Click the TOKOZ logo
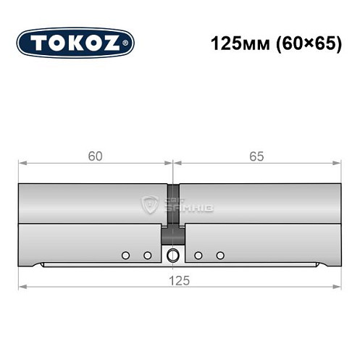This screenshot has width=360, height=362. click(x=75, y=43)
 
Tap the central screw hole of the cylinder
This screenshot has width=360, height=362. click(x=173, y=255)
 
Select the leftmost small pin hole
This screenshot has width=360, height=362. click(x=125, y=255)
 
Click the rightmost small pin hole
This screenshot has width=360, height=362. click(x=221, y=255)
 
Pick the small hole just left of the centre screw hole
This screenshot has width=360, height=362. click(x=147, y=255)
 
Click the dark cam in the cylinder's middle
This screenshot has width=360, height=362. click(x=173, y=217)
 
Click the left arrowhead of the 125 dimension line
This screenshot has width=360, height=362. click(x=22, y=287)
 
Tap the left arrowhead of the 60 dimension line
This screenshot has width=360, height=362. click(x=22, y=163)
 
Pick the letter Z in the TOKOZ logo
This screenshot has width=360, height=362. click(x=114, y=43)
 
